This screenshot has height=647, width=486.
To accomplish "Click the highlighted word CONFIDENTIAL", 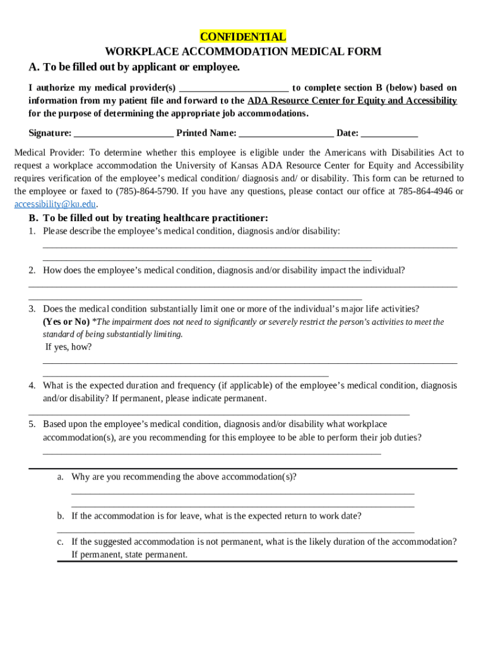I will (x=242, y=37).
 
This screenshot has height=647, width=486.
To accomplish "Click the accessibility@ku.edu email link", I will (x=55, y=204).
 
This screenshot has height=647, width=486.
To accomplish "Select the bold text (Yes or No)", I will (x=66, y=322).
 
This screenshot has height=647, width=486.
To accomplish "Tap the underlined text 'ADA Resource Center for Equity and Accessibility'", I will (x=352, y=101).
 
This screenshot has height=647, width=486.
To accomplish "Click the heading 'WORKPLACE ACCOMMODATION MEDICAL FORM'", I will (x=242, y=52).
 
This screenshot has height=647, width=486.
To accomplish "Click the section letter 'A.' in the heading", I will (x=34, y=67).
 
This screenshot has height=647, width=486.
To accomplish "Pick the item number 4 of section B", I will (x=32, y=385).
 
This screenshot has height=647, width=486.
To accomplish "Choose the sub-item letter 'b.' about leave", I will (x=60, y=516).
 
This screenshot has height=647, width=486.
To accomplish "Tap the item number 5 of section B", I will (x=32, y=424).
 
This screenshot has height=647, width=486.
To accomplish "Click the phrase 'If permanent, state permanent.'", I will (x=129, y=555).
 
